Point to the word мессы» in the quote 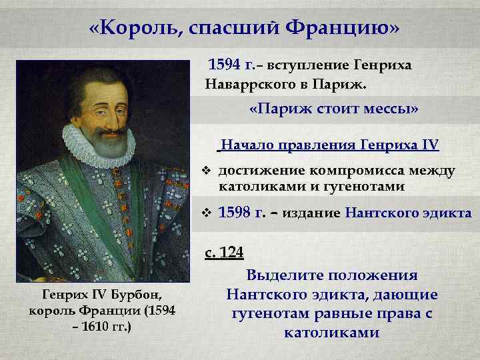coord(393,110)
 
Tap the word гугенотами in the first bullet coord(365,186)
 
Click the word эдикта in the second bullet coord(447,213)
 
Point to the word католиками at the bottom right coord(331,332)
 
